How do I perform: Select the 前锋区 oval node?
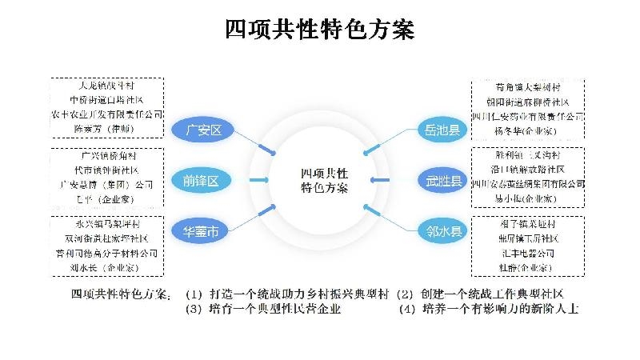tap(202, 181)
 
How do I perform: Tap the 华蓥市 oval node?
tap(202, 232)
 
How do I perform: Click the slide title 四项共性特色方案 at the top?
tap(320, 30)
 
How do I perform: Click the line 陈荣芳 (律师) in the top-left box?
tap(107, 127)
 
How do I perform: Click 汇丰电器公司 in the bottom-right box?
tap(528, 252)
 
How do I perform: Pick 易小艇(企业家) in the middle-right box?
tap(527, 196)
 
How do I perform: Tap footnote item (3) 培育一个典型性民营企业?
tap(263, 308)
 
